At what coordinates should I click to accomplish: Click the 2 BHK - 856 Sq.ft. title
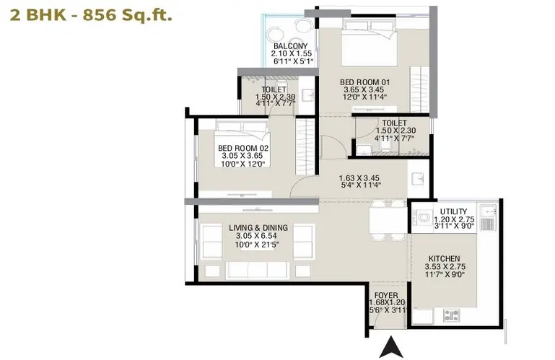click(x=91, y=15)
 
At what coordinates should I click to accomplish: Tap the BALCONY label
click(x=291, y=46)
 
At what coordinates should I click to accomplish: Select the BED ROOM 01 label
click(x=364, y=82)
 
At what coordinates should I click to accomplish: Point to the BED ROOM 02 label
click(x=243, y=148)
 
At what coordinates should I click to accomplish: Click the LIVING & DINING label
click(x=258, y=227)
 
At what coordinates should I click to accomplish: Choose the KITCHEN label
click(x=444, y=259)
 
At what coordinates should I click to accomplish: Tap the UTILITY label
click(x=453, y=211)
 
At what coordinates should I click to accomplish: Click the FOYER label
click(x=386, y=295)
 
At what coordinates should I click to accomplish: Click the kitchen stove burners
click(x=452, y=315)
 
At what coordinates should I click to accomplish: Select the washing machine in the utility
click(x=423, y=216)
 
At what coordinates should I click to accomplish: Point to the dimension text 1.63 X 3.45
click(x=359, y=177)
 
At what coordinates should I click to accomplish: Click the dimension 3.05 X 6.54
click(x=256, y=236)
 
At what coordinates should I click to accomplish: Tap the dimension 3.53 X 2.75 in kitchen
click(x=445, y=266)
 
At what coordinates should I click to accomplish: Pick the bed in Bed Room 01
click(x=370, y=43)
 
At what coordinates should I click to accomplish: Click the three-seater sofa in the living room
click(x=258, y=270)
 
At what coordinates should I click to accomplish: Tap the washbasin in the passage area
click(x=418, y=179)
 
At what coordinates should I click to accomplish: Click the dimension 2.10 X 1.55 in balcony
click(x=292, y=54)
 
